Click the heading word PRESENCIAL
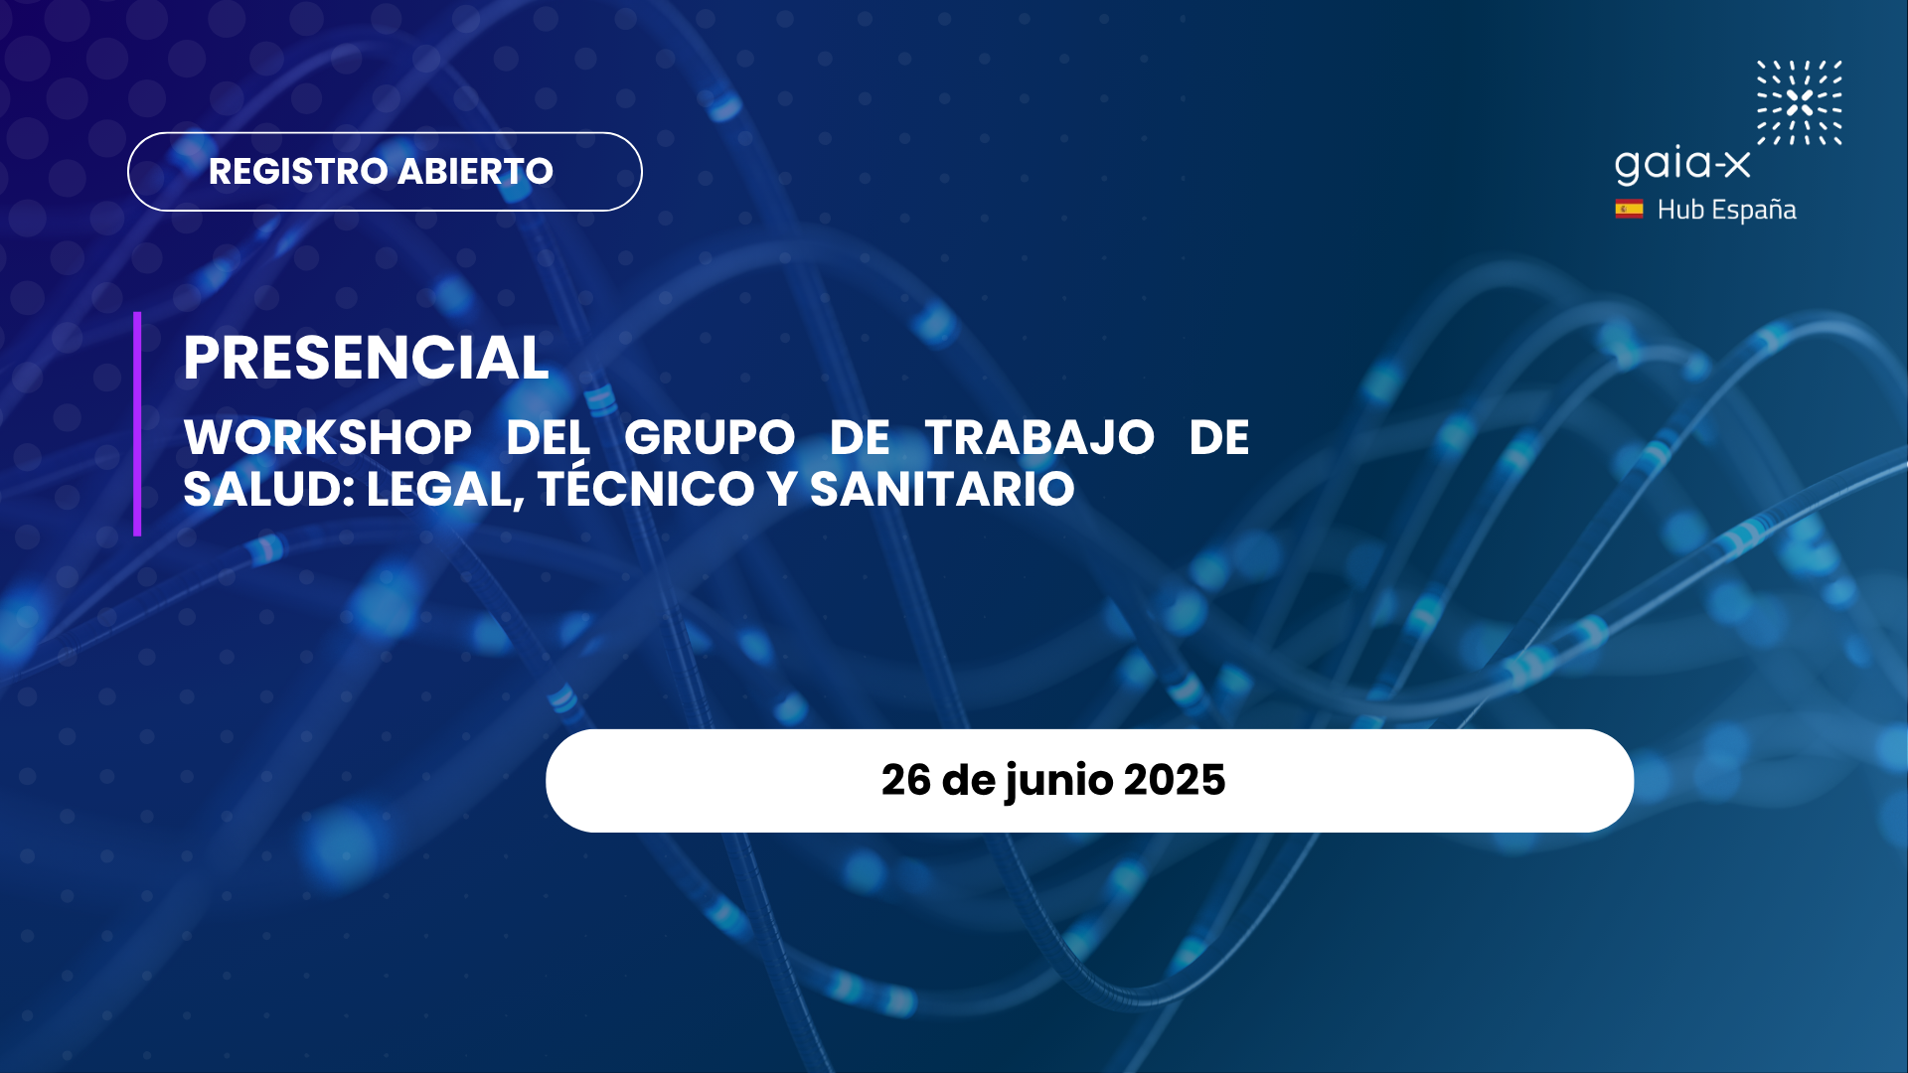tap(366, 358)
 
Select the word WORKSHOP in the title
tap(328, 437)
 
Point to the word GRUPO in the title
tap(710, 437)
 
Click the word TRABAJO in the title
tap(1039, 437)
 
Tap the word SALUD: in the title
tap(269, 489)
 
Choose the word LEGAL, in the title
tap(445, 490)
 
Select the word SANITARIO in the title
tap(942, 489)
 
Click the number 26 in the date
tap(905, 781)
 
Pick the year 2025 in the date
tap(1175, 781)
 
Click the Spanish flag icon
tap(1629, 209)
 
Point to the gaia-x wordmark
tap(1681, 165)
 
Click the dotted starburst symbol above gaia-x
tap(1800, 102)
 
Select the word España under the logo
tap(1754, 210)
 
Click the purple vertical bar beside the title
tap(137, 424)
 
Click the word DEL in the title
tap(549, 437)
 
